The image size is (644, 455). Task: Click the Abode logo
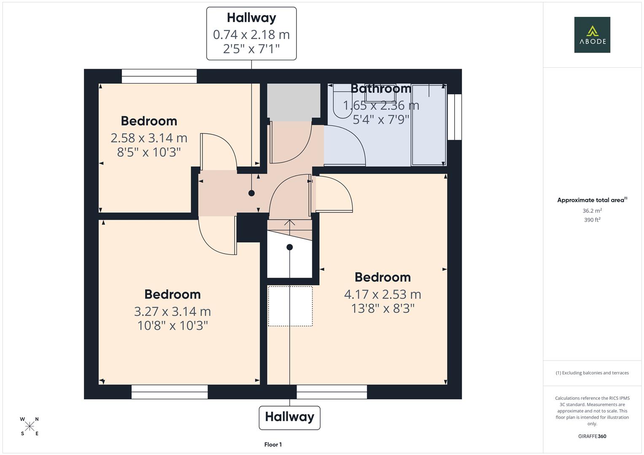(x=592, y=35)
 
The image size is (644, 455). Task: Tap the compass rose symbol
(x=30, y=426)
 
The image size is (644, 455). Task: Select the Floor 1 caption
(x=273, y=444)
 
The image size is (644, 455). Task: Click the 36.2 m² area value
(x=592, y=211)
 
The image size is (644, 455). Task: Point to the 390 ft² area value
(x=592, y=220)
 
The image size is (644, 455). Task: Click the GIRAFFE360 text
(x=592, y=436)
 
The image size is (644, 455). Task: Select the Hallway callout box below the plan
(x=289, y=417)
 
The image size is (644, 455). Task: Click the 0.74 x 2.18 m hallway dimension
(x=251, y=35)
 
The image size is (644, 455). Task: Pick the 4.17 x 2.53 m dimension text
(x=383, y=294)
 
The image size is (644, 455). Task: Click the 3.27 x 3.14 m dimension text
(x=172, y=311)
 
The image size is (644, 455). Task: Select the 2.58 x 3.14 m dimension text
(x=148, y=138)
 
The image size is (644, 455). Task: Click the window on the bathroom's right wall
(x=454, y=117)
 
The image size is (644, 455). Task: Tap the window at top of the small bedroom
(x=159, y=76)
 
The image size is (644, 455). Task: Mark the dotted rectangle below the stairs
(x=290, y=306)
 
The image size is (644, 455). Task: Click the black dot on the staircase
(x=289, y=247)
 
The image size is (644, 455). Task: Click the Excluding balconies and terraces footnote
(x=592, y=373)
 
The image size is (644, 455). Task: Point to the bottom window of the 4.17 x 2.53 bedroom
(x=331, y=392)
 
